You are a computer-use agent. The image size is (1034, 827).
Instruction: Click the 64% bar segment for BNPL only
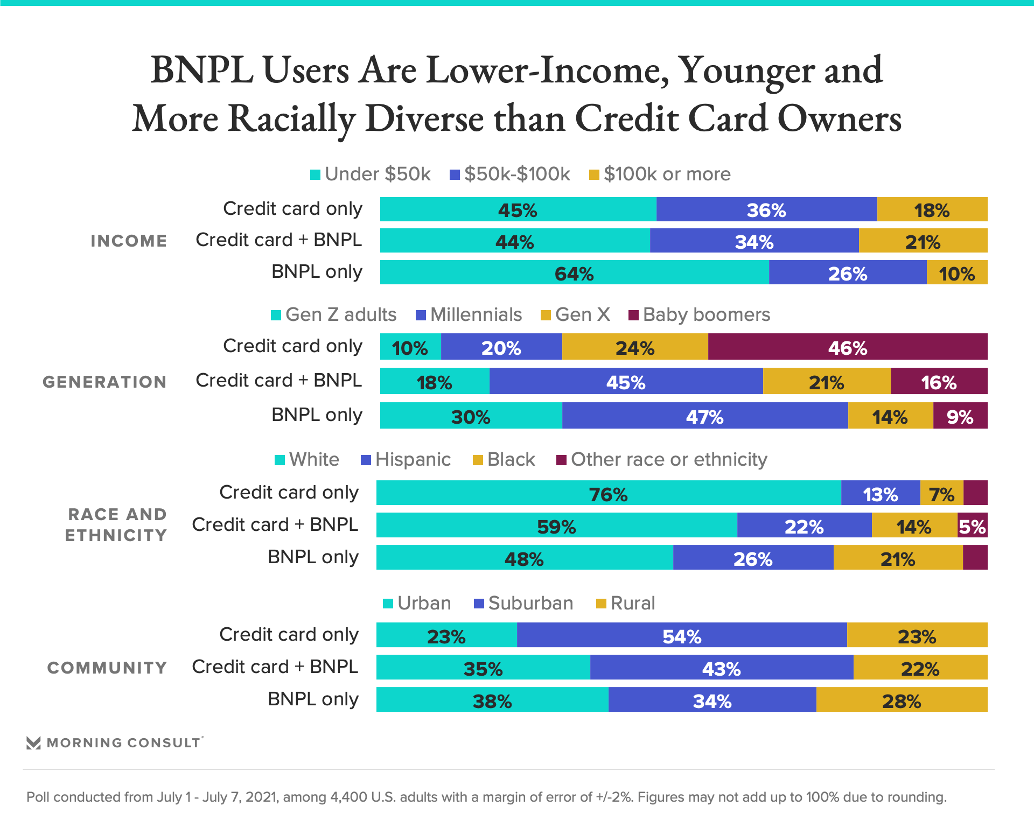[x=574, y=272]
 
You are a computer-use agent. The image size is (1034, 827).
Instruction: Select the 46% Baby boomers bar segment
[x=847, y=347]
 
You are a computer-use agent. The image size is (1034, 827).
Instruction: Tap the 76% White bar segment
[x=608, y=493]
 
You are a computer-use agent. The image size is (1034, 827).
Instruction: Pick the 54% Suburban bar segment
[x=682, y=635]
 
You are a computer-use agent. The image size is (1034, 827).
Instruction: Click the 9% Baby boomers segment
[x=960, y=416]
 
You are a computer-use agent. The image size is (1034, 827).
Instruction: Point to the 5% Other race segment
[x=972, y=525]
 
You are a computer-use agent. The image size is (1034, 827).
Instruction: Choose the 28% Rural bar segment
[x=902, y=700]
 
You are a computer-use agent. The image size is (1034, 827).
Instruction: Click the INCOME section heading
[x=129, y=241]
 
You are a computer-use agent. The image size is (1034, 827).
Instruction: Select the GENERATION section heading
[x=104, y=382]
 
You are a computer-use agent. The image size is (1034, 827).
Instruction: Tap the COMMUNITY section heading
[x=107, y=668]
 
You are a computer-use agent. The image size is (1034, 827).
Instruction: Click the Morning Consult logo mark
[x=33, y=743]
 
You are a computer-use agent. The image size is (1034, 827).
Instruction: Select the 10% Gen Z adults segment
[x=410, y=347]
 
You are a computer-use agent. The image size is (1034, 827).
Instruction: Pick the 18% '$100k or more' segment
[x=932, y=209]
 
